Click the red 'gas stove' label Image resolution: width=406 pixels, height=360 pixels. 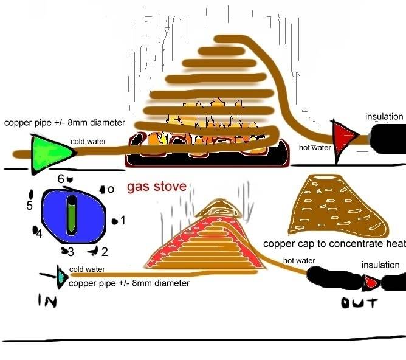click(x=157, y=187)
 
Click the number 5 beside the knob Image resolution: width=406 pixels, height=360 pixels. click(x=29, y=206)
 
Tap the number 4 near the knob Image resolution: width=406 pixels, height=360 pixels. click(x=38, y=233)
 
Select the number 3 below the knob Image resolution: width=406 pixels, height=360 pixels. click(x=71, y=251)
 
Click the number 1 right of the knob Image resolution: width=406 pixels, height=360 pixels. click(x=122, y=220)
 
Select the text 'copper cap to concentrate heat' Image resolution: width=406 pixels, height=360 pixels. click(x=334, y=244)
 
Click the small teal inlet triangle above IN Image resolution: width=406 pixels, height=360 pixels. click(x=63, y=277)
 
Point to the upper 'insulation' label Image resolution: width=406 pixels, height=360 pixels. click(x=384, y=116)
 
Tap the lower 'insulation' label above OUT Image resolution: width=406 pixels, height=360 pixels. click(x=380, y=265)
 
